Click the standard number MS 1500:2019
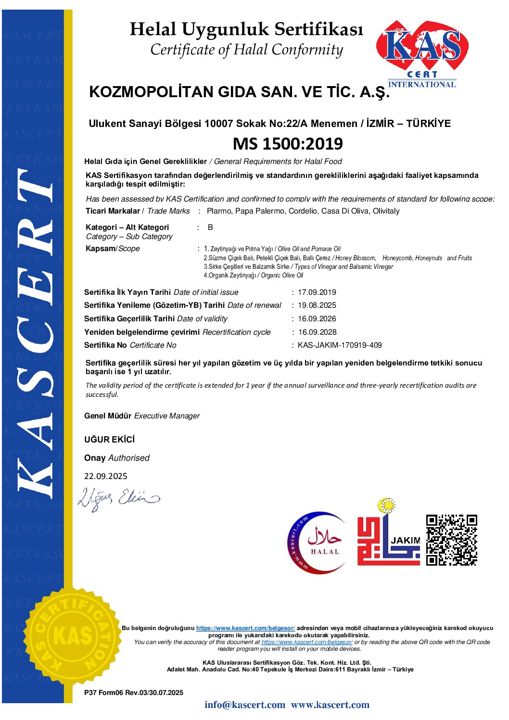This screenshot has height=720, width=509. point(288,143)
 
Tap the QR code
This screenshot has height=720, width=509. point(451,540)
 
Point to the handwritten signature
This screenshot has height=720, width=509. point(118,497)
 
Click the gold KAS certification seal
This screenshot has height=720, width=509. point(72,636)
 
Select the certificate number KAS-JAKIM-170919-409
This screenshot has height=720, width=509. point(340,345)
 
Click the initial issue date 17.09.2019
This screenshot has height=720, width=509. point(317,292)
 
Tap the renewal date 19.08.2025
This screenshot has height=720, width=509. point(317,305)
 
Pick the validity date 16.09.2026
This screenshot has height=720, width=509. point(317,318)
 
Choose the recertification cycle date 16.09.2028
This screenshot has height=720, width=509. point(317,332)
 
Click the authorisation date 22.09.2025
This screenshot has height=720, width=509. point(106,476)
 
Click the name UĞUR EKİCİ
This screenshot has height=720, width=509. point(110,439)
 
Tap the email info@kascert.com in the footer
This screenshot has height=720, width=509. point(244,705)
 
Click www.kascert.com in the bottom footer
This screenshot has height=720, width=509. point(330,705)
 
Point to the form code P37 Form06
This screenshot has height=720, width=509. point(104,693)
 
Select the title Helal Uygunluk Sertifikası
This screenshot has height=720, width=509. point(246,29)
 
